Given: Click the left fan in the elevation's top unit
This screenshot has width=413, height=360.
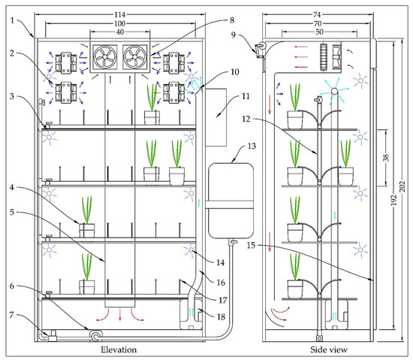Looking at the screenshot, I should tap(105, 54).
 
